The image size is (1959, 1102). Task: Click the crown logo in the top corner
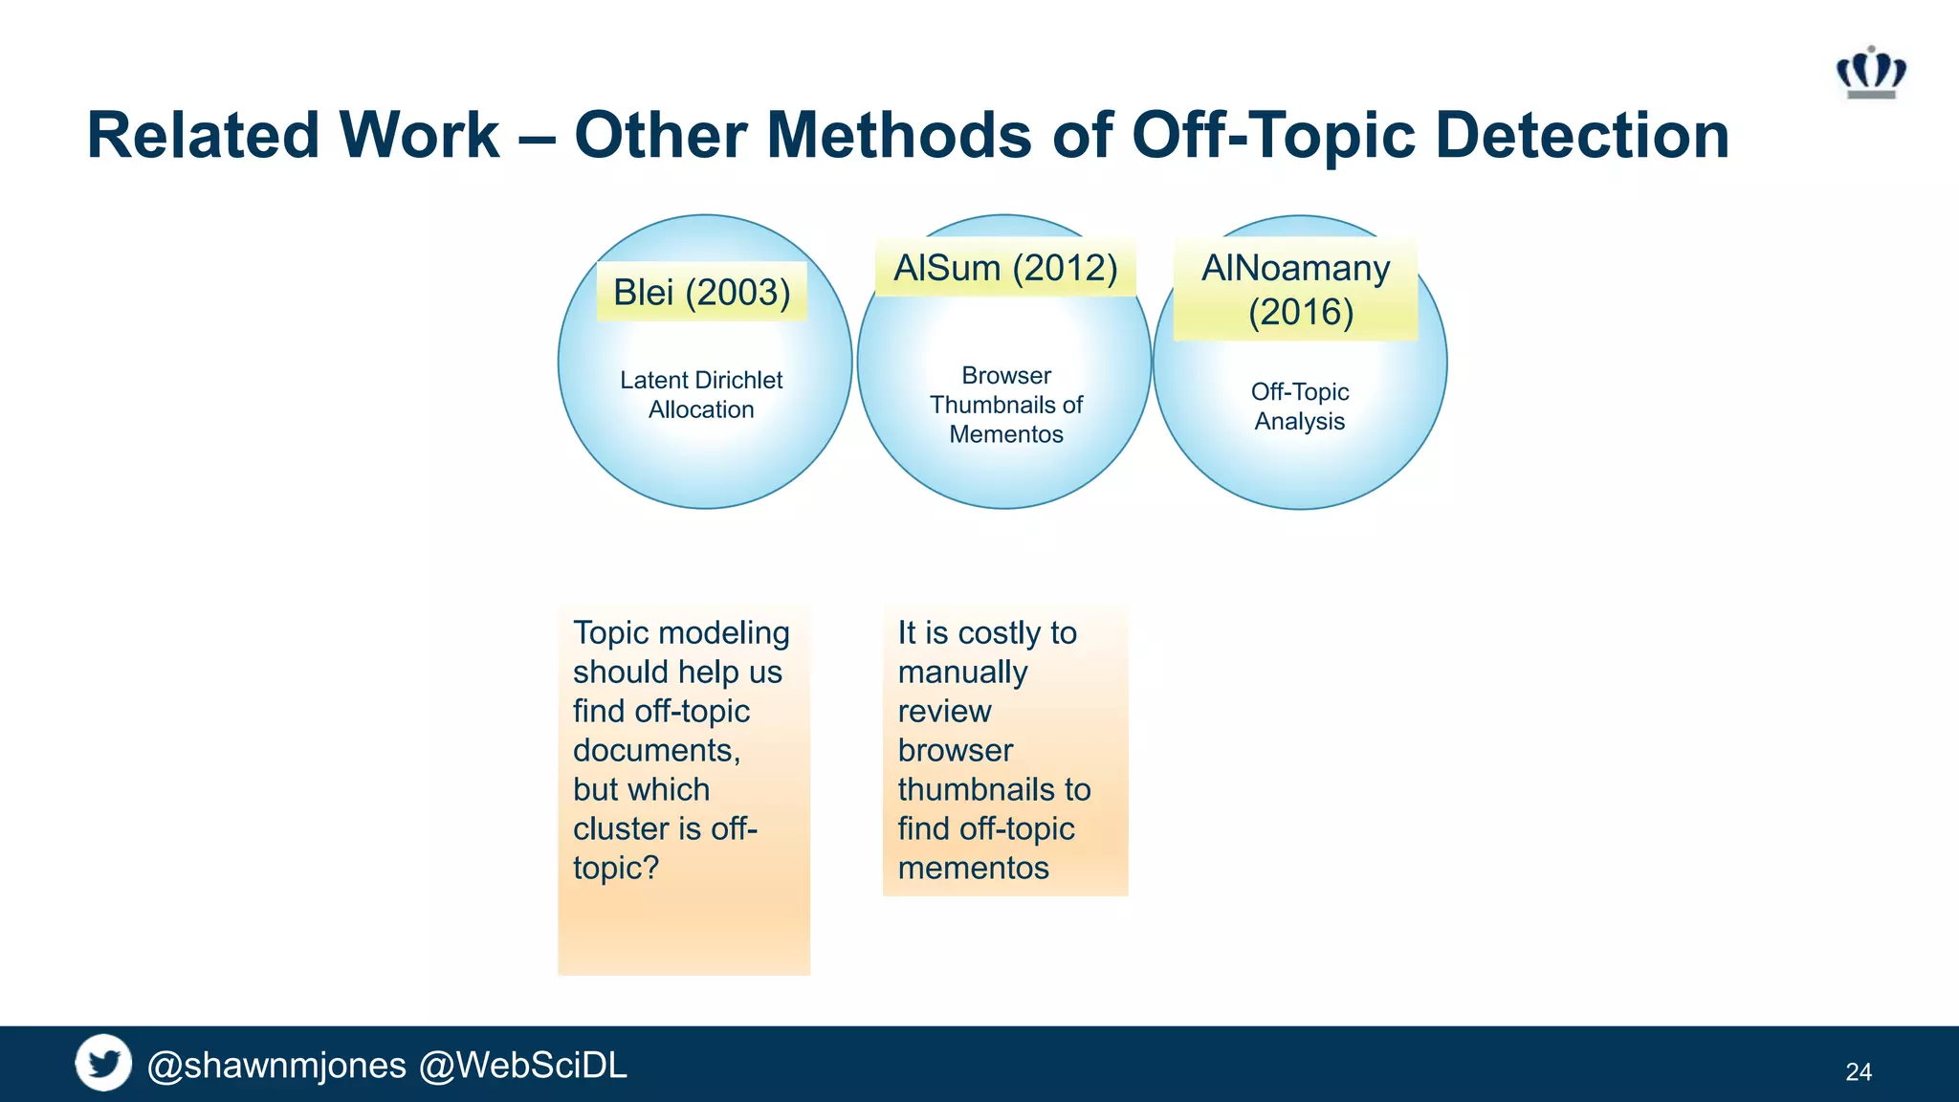tap(1870, 74)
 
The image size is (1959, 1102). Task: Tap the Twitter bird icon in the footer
tap(103, 1063)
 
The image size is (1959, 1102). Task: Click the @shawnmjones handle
tap(277, 1066)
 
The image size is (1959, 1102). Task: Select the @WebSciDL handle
tap(523, 1066)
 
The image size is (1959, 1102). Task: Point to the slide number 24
tap(1858, 1072)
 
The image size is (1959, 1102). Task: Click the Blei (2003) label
tap(701, 293)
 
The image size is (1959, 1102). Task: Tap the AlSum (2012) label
tap(1005, 269)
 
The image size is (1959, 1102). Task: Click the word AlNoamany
tap(1295, 269)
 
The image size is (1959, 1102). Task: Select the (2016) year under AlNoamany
tap(1300, 313)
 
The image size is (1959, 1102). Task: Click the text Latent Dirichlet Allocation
tap(701, 395)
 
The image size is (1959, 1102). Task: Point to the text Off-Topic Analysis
tap(1299, 407)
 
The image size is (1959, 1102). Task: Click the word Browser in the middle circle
tap(1005, 376)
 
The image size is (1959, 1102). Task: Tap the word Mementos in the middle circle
tap(1005, 435)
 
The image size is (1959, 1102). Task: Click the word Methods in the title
tap(899, 136)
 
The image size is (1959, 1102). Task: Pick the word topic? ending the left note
tap(616, 869)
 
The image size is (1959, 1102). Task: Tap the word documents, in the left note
tap(656, 751)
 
